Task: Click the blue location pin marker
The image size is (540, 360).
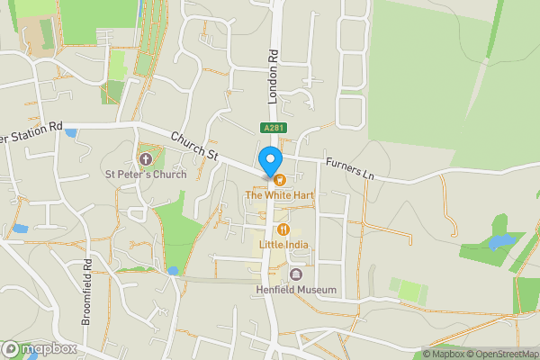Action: (x=269, y=160)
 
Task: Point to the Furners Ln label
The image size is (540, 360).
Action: (x=350, y=167)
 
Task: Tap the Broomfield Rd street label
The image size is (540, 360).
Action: (x=87, y=292)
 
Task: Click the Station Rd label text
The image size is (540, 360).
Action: (x=32, y=132)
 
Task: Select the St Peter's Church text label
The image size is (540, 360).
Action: (x=146, y=174)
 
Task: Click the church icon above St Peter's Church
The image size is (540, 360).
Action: (x=146, y=159)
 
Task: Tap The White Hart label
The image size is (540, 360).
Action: (x=279, y=194)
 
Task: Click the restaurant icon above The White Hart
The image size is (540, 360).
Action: (x=279, y=179)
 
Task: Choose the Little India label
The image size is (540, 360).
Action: (x=283, y=244)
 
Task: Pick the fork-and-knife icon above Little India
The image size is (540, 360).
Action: (x=283, y=229)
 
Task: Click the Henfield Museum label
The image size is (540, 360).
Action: (x=296, y=290)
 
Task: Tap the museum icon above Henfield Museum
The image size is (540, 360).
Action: (x=296, y=274)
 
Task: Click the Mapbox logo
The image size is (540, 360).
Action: (x=40, y=348)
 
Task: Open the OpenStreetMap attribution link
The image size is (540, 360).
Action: (x=499, y=353)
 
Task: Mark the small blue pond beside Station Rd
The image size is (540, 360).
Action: (x=71, y=133)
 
